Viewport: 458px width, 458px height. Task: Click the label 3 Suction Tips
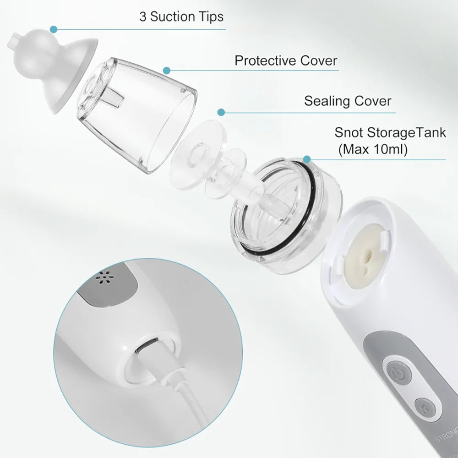(181, 17)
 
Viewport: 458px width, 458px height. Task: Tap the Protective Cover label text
(286, 60)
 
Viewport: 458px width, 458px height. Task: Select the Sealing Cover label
(348, 101)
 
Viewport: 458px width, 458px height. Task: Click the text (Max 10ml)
(372, 149)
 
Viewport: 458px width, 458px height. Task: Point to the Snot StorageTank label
(390, 133)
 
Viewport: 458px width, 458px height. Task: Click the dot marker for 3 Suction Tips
(54, 29)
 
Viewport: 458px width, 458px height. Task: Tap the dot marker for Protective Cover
(167, 71)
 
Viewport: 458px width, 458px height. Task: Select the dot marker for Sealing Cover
(221, 112)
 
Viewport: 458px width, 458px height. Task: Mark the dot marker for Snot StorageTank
(307, 159)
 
